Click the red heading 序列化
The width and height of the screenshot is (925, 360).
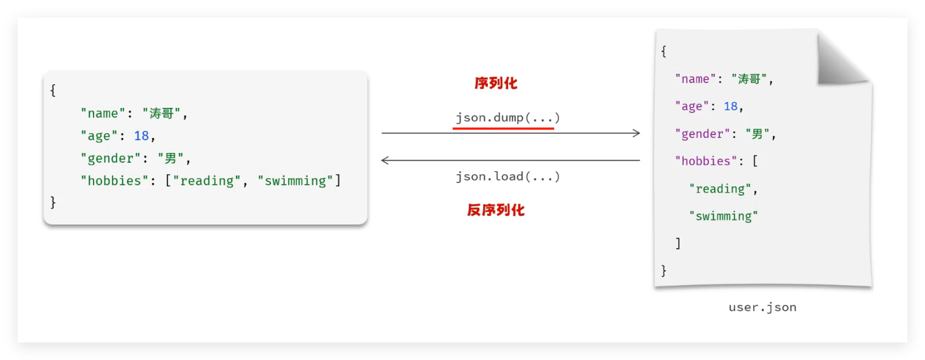pyautogui.click(x=496, y=83)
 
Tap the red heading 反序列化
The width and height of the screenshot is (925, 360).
pyautogui.click(x=496, y=210)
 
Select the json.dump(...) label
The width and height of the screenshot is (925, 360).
pyautogui.click(x=507, y=118)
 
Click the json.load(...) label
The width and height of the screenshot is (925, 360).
pyautogui.click(x=507, y=177)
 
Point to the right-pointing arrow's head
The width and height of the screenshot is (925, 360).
pyautogui.click(x=637, y=133)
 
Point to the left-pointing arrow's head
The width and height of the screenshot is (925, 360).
pyautogui.click(x=384, y=160)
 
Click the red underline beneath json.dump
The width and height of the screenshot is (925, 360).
pyautogui.click(x=503, y=128)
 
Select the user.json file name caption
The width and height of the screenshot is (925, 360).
pyautogui.click(x=762, y=307)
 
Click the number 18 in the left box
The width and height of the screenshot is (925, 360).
pyautogui.click(x=141, y=136)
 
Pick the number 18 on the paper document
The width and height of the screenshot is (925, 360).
pyautogui.click(x=730, y=106)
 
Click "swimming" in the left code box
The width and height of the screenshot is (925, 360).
pyautogui.click(x=295, y=181)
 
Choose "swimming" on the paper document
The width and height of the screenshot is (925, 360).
pyautogui.click(x=723, y=216)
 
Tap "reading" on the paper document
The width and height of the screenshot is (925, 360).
pyautogui.click(x=720, y=189)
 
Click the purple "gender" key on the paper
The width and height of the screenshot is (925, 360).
pyautogui.click(x=701, y=134)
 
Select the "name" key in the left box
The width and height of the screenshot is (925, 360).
pyautogui.click(x=103, y=114)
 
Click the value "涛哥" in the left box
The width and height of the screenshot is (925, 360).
pyautogui.click(x=161, y=114)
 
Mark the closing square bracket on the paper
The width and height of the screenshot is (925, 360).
pyautogui.click(x=678, y=243)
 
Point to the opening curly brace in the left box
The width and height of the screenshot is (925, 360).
pyautogui.click(x=53, y=91)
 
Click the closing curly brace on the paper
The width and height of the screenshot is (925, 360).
pyautogui.click(x=664, y=271)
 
